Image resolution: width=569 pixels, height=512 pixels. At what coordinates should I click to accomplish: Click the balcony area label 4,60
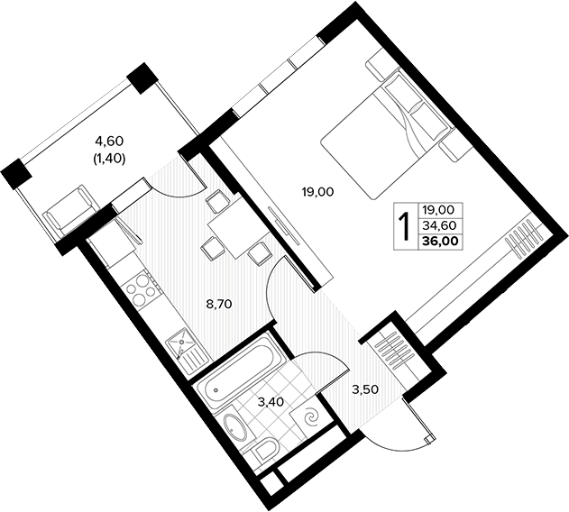[x=109, y=141]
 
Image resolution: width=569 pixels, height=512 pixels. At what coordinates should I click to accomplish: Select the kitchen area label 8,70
[x=218, y=304]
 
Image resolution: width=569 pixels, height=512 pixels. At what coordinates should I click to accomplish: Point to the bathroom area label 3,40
[x=271, y=402]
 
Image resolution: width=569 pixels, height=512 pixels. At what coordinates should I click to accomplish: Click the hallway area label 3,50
[x=365, y=389]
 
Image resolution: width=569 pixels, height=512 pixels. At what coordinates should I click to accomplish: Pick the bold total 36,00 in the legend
[x=440, y=240]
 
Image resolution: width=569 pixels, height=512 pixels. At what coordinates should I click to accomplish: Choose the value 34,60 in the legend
[x=439, y=225]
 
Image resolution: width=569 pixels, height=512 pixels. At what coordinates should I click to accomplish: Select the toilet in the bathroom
[x=263, y=453]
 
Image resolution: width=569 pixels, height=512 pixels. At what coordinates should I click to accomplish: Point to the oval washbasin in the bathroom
[x=235, y=428]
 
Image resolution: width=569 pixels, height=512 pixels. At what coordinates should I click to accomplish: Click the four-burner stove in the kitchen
[x=141, y=290]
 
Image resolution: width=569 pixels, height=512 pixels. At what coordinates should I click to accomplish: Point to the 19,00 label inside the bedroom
[x=317, y=192]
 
